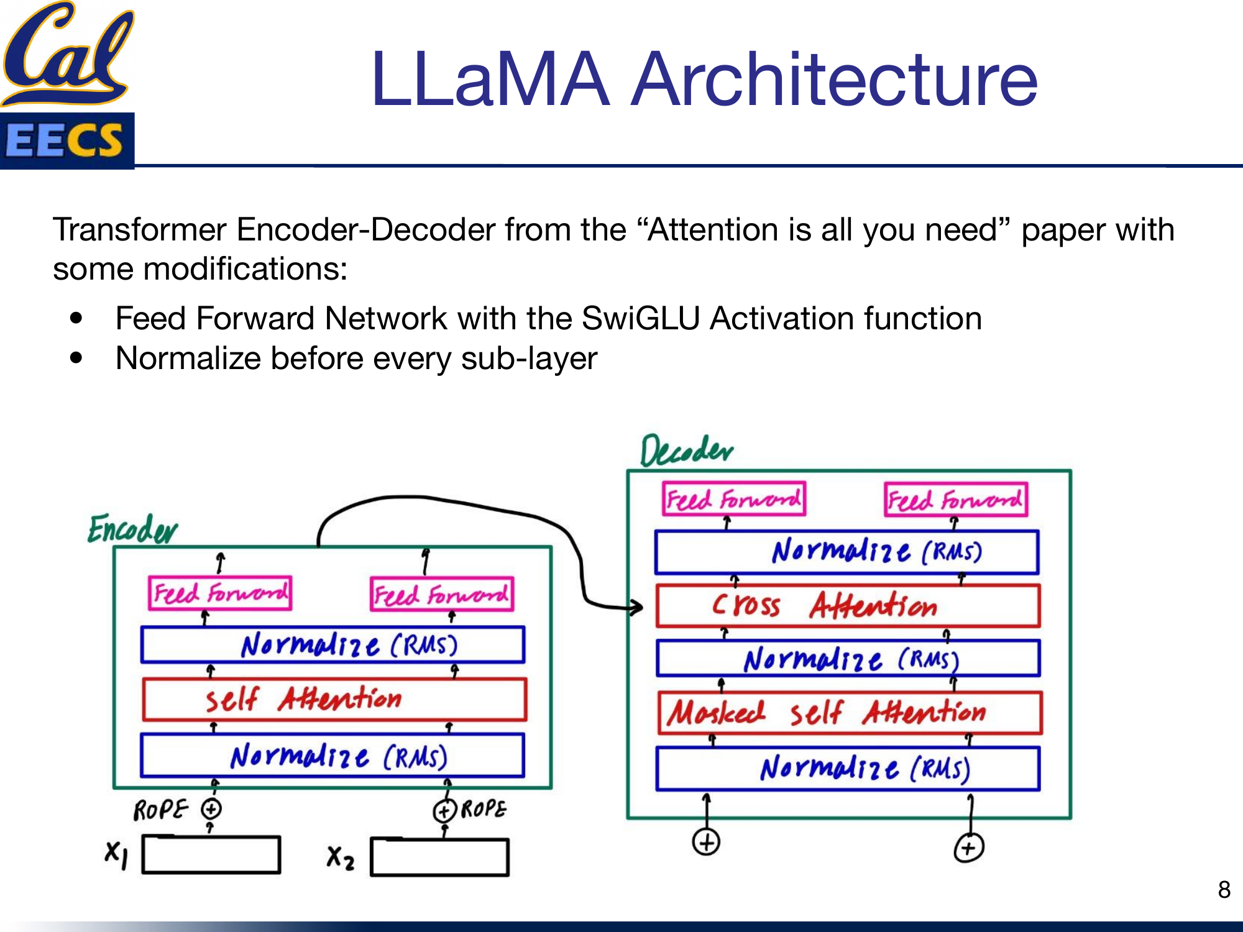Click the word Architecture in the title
834,80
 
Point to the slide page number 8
1224,890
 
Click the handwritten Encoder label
132,530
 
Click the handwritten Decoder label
686,451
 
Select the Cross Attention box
848,605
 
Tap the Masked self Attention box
850,713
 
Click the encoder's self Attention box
334,700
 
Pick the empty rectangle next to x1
211,855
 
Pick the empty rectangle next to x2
439,857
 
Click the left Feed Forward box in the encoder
220,593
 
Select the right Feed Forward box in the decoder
955,500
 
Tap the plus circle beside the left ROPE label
211,809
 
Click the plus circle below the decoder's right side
968,848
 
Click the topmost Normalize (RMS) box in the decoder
846,552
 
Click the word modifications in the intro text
245,269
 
